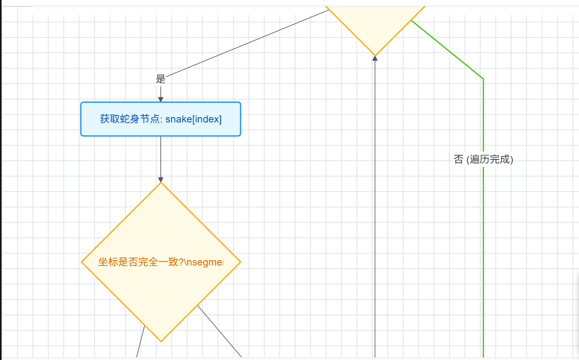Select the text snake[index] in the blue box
193,119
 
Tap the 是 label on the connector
160,79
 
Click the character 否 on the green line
459,159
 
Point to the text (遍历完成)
490,159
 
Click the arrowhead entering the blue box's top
161,99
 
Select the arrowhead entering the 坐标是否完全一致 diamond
161,180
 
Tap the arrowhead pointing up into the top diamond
375,58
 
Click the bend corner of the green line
483,78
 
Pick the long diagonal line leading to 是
247,43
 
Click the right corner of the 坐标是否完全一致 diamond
240,262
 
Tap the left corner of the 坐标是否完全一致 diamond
82,262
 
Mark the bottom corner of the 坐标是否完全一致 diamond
161,341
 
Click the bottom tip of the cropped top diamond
375,55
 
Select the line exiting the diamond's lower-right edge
220,331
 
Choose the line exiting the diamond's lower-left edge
141,341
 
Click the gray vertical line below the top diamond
375,205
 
